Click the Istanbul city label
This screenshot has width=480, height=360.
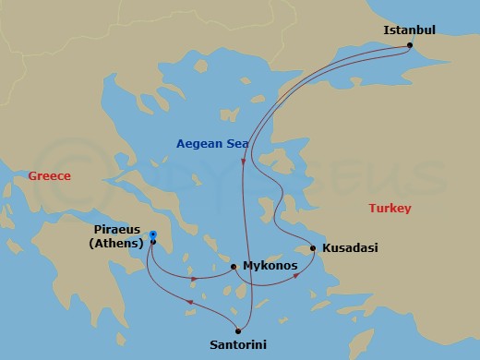(x=409, y=30)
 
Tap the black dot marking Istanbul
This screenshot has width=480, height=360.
(x=409, y=46)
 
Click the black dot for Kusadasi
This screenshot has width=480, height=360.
(x=314, y=248)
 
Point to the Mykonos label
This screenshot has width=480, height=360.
(x=270, y=266)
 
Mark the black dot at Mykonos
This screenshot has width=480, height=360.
(x=234, y=267)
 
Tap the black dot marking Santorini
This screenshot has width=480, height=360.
(x=238, y=330)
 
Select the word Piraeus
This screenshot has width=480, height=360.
(x=118, y=230)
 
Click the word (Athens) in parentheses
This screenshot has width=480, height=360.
(x=115, y=244)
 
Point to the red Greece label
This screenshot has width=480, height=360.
(x=49, y=175)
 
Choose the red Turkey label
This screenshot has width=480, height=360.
(x=390, y=208)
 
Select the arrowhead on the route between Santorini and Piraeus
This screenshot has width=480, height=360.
(x=189, y=302)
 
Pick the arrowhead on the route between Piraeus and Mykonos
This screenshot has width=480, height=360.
(x=193, y=278)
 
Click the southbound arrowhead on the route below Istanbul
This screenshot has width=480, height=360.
(x=244, y=162)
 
